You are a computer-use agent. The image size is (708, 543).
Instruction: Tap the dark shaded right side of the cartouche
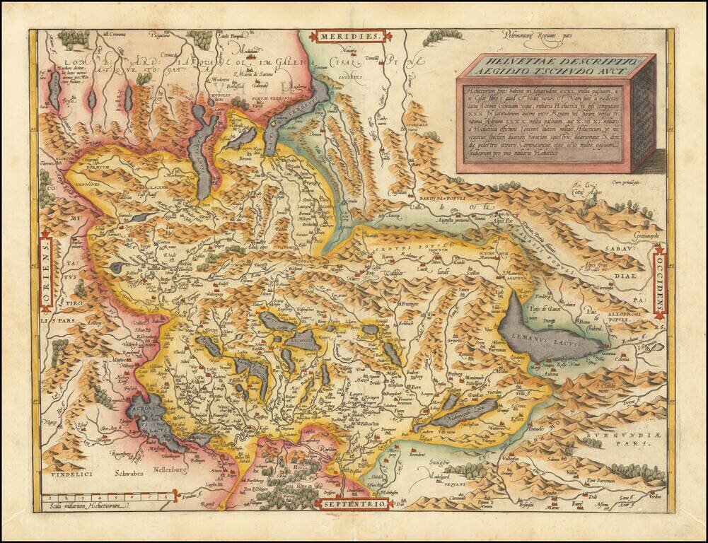642,113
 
